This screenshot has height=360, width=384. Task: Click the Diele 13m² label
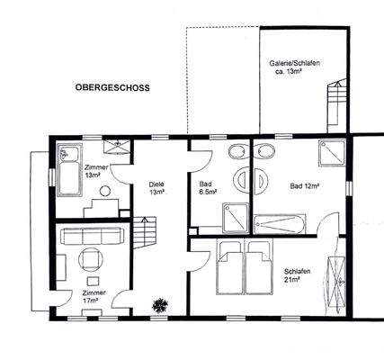[x=156, y=188]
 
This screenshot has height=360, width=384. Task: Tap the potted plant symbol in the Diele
[x=162, y=304]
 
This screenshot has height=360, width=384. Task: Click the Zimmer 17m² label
[x=93, y=297]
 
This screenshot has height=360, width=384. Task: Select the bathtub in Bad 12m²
[x=281, y=221]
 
